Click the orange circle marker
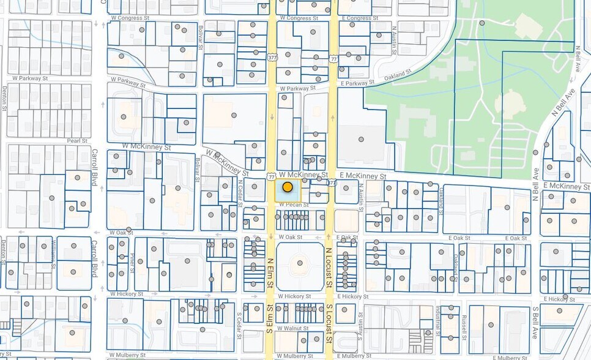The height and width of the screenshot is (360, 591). click(x=287, y=187)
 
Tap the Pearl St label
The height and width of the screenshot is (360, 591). click(x=78, y=141)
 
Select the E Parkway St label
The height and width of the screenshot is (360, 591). click(x=357, y=83)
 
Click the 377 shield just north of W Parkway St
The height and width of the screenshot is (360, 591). click(x=272, y=58)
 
